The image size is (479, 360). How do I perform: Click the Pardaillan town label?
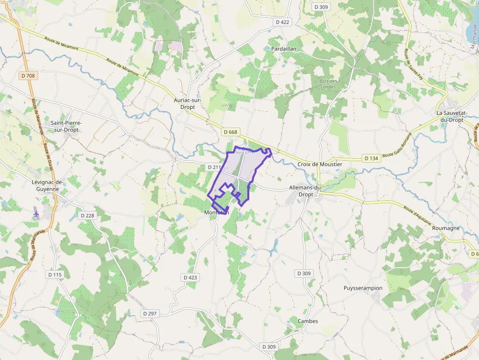click(284, 49)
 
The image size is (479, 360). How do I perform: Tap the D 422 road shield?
click(283, 22)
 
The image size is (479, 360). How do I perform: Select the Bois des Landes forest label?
click(328, 84)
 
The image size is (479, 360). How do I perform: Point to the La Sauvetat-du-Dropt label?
click(452, 116)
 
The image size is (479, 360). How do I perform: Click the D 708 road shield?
click(29, 76)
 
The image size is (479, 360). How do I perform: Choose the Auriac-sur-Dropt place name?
click(188, 103)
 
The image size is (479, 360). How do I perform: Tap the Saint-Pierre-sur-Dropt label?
click(67, 126)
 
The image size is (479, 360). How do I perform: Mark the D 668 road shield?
click(230, 132)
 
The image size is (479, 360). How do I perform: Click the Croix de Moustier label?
click(320, 164)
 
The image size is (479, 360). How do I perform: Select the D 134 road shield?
click(371, 158)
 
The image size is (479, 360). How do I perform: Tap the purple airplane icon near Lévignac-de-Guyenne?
click(36, 213)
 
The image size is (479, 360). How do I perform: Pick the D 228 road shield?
click(87, 215)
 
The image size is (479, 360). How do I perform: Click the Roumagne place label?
click(446, 228)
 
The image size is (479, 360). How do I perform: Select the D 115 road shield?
click(55, 275)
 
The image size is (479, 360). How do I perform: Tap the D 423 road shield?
click(191, 277)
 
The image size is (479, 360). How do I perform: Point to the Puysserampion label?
click(363, 288)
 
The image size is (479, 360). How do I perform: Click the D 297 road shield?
click(150, 313)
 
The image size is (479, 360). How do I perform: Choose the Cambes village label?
click(307, 321)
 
